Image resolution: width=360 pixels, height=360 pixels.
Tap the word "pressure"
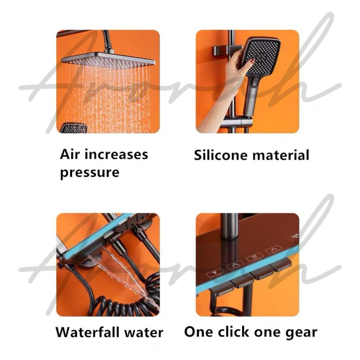point(90,173)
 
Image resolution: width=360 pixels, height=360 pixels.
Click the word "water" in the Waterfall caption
point(143,333)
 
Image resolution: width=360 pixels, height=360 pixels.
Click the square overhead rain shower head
point(108,60)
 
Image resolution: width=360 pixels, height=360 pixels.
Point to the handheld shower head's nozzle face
point(262,56)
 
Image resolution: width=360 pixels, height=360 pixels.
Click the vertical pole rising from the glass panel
point(229,227)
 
